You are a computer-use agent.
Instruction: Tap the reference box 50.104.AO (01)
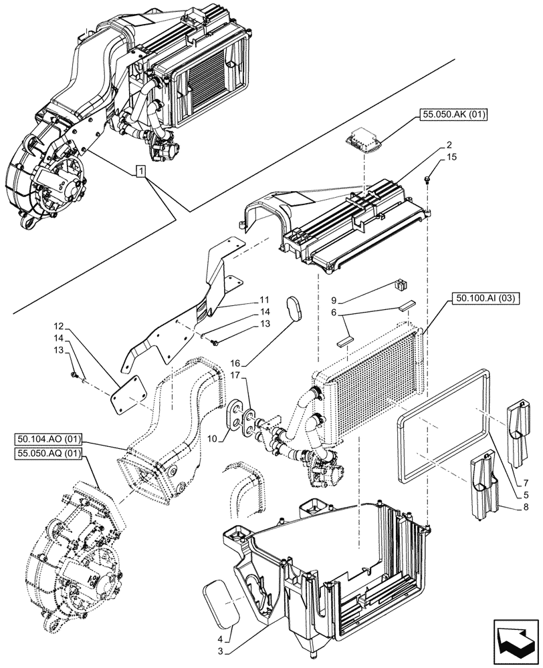point(47,439)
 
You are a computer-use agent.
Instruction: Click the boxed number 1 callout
point(140,172)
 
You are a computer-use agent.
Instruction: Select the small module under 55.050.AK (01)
point(364,142)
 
